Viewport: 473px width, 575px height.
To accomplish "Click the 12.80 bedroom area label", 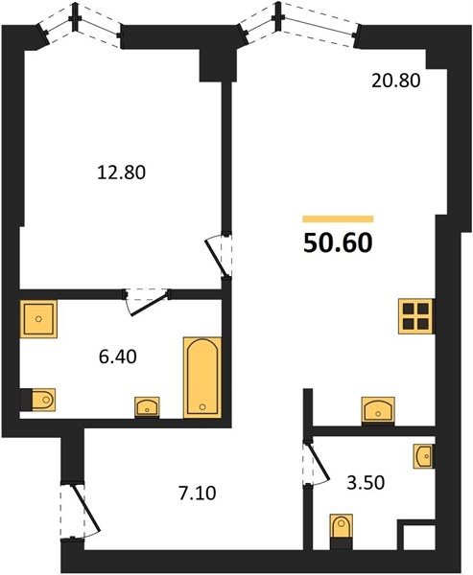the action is [x=121, y=172].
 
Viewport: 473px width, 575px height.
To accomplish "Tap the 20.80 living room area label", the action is [x=396, y=80].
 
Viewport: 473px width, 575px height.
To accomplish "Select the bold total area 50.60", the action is [x=338, y=243].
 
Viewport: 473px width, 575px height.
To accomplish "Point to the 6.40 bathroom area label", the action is [x=117, y=356].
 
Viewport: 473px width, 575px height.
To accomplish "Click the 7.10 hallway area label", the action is [x=198, y=494].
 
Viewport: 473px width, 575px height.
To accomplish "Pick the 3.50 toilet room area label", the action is [x=366, y=483].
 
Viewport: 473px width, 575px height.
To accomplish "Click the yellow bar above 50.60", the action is [x=338, y=218].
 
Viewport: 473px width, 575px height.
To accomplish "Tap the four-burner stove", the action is [x=416, y=316].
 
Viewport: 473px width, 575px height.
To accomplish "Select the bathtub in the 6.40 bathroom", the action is [x=202, y=378].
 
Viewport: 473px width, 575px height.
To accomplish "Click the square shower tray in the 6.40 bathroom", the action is [x=38, y=319].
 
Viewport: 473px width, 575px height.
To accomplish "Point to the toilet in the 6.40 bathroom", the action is [x=38, y=400].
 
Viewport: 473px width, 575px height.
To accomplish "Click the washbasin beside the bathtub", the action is [x=147, y=407].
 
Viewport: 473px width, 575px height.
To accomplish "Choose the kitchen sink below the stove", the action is [x=378, y=411].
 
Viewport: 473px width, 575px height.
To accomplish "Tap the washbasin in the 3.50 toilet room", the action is [x=424, y=456].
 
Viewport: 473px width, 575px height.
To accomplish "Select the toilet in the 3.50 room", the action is [x=342, y=531].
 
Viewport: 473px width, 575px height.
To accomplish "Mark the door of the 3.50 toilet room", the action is [x=318, y=464].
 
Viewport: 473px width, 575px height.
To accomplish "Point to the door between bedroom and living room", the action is [x=218, y=255].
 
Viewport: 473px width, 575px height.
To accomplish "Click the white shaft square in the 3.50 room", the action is [x=419, y=537].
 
